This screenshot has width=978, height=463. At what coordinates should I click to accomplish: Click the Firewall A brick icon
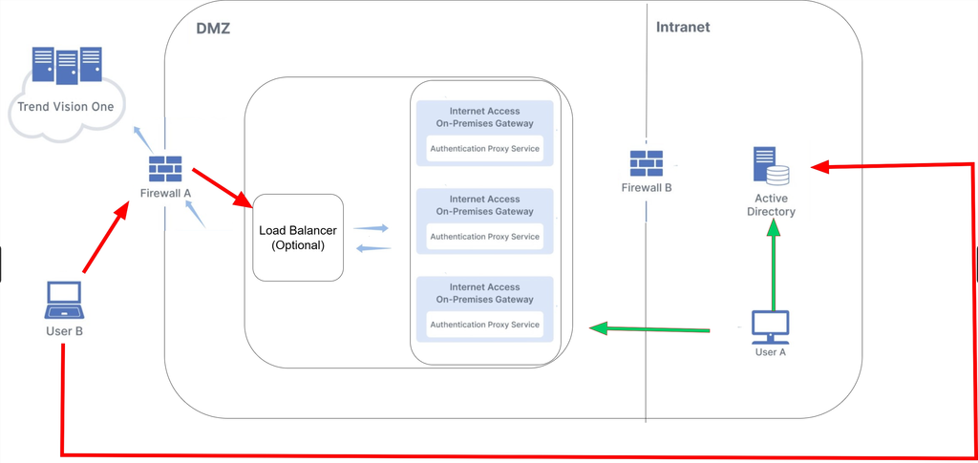(x=165, y=169)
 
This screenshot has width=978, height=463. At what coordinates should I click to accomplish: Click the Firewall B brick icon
(x=647, y=163)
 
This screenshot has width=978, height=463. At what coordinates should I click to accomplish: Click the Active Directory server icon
(x=771, y=168)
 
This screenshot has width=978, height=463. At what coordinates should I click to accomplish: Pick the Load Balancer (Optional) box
(x=298, y=238)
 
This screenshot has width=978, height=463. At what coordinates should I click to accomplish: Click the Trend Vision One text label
(x=66, y=106)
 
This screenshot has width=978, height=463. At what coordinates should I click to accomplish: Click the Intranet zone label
(x=683, y=28)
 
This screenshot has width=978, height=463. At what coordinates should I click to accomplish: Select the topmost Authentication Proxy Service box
(x=484, y=149)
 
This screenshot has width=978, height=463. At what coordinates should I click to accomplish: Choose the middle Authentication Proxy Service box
(x=484, y=237)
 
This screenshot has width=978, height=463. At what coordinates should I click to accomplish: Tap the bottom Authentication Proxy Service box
(x=484, y=325)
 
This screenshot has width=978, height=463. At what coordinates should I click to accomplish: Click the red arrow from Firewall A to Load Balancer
(x=222, y=187)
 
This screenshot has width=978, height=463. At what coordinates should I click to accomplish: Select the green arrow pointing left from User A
(x=649, y=329)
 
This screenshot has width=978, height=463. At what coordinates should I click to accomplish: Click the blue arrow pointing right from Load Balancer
(x=372, y=228)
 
